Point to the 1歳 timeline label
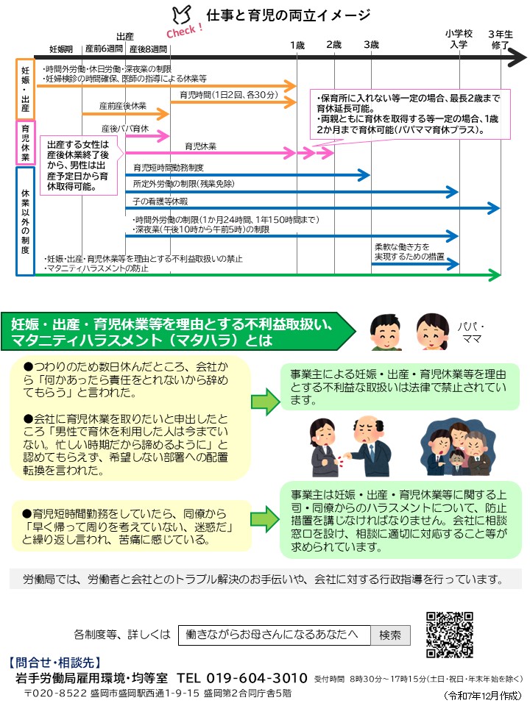pos(297,45)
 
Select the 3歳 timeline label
pos(370,45)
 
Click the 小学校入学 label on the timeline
pos(459,39)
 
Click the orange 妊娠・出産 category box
pos(25,88)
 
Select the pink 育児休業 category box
pos(25,143)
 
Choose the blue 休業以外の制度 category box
pos(25,221)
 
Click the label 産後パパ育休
pos(125,129)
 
